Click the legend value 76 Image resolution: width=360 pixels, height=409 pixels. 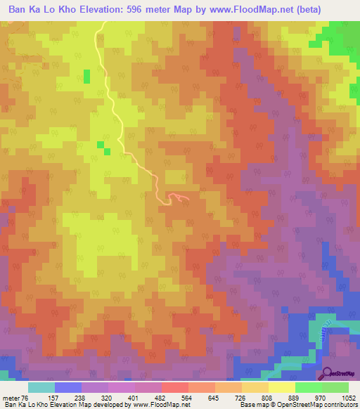[x=29, y=398]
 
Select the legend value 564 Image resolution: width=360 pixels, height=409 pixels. [x=186, y=398]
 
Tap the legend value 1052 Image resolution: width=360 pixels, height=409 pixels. [x=348, y=398]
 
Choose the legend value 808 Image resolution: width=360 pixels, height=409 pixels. [x=266, y=398]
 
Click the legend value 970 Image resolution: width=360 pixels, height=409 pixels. [x=320, y=398]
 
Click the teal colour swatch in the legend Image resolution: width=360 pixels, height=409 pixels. [x=41, y=387]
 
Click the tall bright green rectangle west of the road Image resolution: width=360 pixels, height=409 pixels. [x=87, y=76]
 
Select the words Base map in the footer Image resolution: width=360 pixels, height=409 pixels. [x=251, y=405]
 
